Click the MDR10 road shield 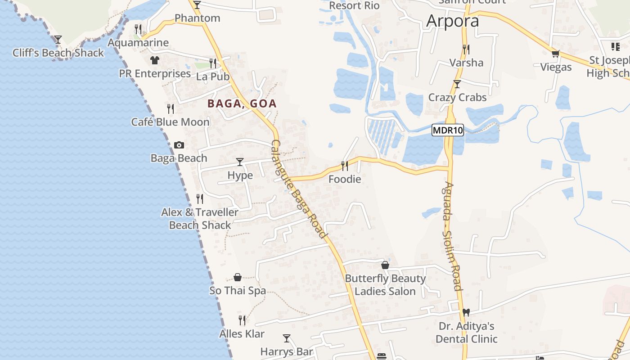[447, 130]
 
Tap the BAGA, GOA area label [242, 103]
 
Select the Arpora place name [452, 21]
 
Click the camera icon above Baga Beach [179, 145]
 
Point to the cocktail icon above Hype [240, 162]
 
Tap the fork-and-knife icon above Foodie [345, 166]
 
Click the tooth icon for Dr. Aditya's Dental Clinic [466, 312]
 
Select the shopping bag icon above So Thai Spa [238, 277]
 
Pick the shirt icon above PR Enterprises [155, 60]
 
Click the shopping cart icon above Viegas [556, 54]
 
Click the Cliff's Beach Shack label [58, 53]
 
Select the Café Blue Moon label [170, 122]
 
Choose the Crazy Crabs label [457, 97]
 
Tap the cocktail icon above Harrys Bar [287, 338]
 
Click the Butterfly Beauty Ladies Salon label [385, 285]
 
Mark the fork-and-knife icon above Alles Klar [242, 320]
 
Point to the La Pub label [213, 76]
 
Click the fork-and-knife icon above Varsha [466, 49]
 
